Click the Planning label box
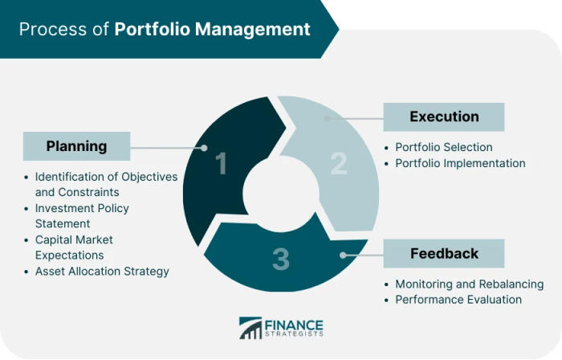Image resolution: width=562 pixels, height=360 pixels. click(76, 146)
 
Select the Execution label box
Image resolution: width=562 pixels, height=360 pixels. click(444, 117)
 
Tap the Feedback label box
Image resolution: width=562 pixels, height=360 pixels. click(444, 254)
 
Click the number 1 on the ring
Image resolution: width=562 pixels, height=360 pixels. click(222, 165)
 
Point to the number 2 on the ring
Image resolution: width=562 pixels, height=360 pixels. click(338, 163)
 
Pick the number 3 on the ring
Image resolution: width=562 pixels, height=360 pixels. click(280, 259)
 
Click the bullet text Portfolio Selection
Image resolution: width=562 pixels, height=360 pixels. click(443, 148)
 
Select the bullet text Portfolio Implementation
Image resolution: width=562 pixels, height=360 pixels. click(460, 163)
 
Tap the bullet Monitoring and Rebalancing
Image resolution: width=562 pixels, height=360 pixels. click(469, 284)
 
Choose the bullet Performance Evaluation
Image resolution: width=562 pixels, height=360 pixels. click(458, 300)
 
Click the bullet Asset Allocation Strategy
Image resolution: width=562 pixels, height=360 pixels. click(102, 272)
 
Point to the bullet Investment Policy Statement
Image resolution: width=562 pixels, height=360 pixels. click(82, 215)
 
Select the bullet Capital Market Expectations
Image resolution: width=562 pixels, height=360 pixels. click(74, 247)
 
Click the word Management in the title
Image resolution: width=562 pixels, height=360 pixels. click(255, 30)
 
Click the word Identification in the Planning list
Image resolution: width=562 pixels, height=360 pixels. click(71, 176)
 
